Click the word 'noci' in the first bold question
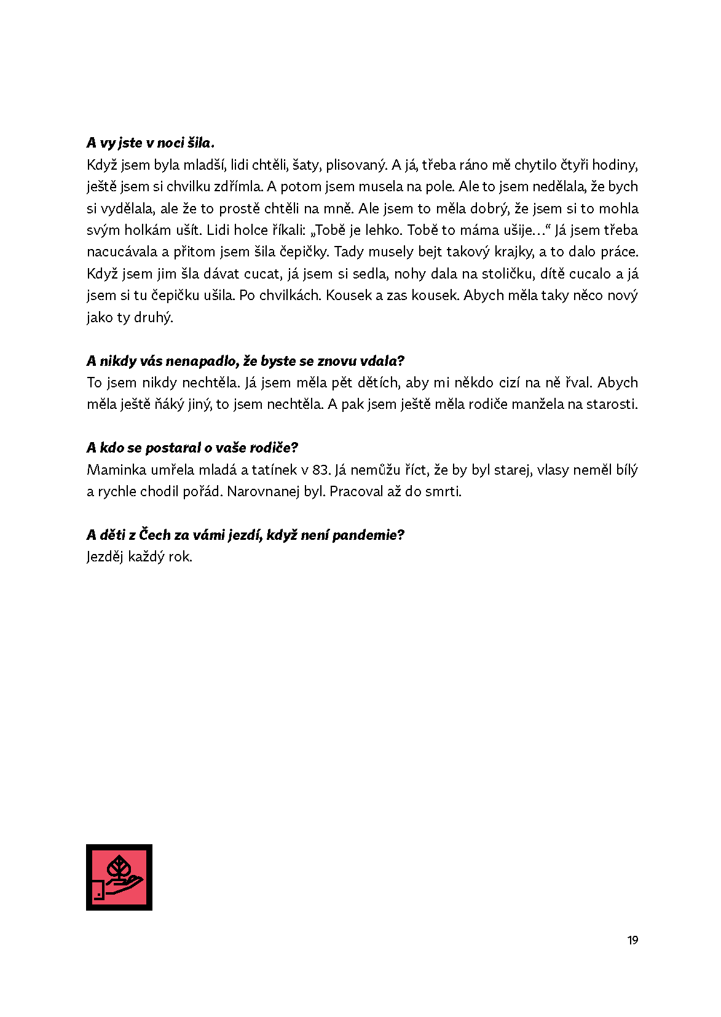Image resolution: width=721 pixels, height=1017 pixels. tap(170, 143)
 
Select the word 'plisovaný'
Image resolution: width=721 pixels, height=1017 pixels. tap(356, 165)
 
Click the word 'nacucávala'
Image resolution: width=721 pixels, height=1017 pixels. tap(122, 252)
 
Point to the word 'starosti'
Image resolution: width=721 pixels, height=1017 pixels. tap(611, 405)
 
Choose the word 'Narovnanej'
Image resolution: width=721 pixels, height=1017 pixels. tap(275, 492)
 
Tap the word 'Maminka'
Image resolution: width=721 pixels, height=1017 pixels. tap(116, 470)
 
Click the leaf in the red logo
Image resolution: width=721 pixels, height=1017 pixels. tap(119, 869)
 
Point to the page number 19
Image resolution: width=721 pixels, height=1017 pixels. tap(632, 940)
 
